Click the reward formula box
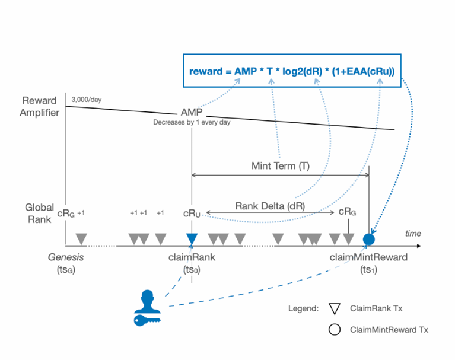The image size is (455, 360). [x=292, y=71]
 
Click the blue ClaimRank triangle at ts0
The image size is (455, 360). [x=192, y=238]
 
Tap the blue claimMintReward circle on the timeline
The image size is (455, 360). [x=369, y=239]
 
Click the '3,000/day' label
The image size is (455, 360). [x=86, y=99]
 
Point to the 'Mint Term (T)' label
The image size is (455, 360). [x=281, y=165]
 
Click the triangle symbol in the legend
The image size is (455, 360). [x=335, y=308]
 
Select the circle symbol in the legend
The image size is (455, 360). [x=335, y=329]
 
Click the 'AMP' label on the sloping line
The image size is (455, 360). [x=192, y=113]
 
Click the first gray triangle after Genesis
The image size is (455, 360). [x=81, y=238]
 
